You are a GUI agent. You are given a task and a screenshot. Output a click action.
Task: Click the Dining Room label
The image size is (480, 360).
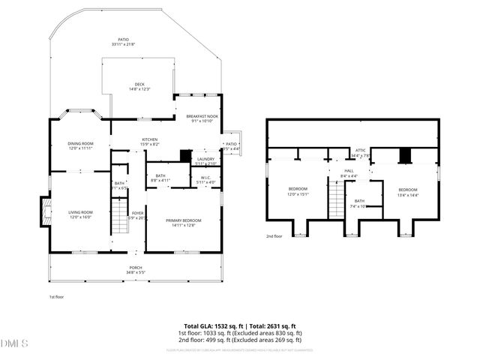pos(80,145)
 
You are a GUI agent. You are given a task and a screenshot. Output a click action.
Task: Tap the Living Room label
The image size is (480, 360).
pos(80,214)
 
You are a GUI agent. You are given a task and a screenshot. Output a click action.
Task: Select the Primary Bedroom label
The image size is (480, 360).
pos(183,223)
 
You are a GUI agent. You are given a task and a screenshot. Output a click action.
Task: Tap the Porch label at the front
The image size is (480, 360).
pos(136,270)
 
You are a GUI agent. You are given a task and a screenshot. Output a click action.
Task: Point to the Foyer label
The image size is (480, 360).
pos(137,215)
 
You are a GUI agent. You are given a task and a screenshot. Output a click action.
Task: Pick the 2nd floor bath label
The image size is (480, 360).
pos(360,203)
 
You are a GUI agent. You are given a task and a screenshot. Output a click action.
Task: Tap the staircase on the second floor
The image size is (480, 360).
pos(337,202)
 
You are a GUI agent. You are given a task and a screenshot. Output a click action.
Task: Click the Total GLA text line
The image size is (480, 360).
pos(241,326)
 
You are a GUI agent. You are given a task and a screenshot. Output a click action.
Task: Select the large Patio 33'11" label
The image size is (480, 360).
pos(123,42)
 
